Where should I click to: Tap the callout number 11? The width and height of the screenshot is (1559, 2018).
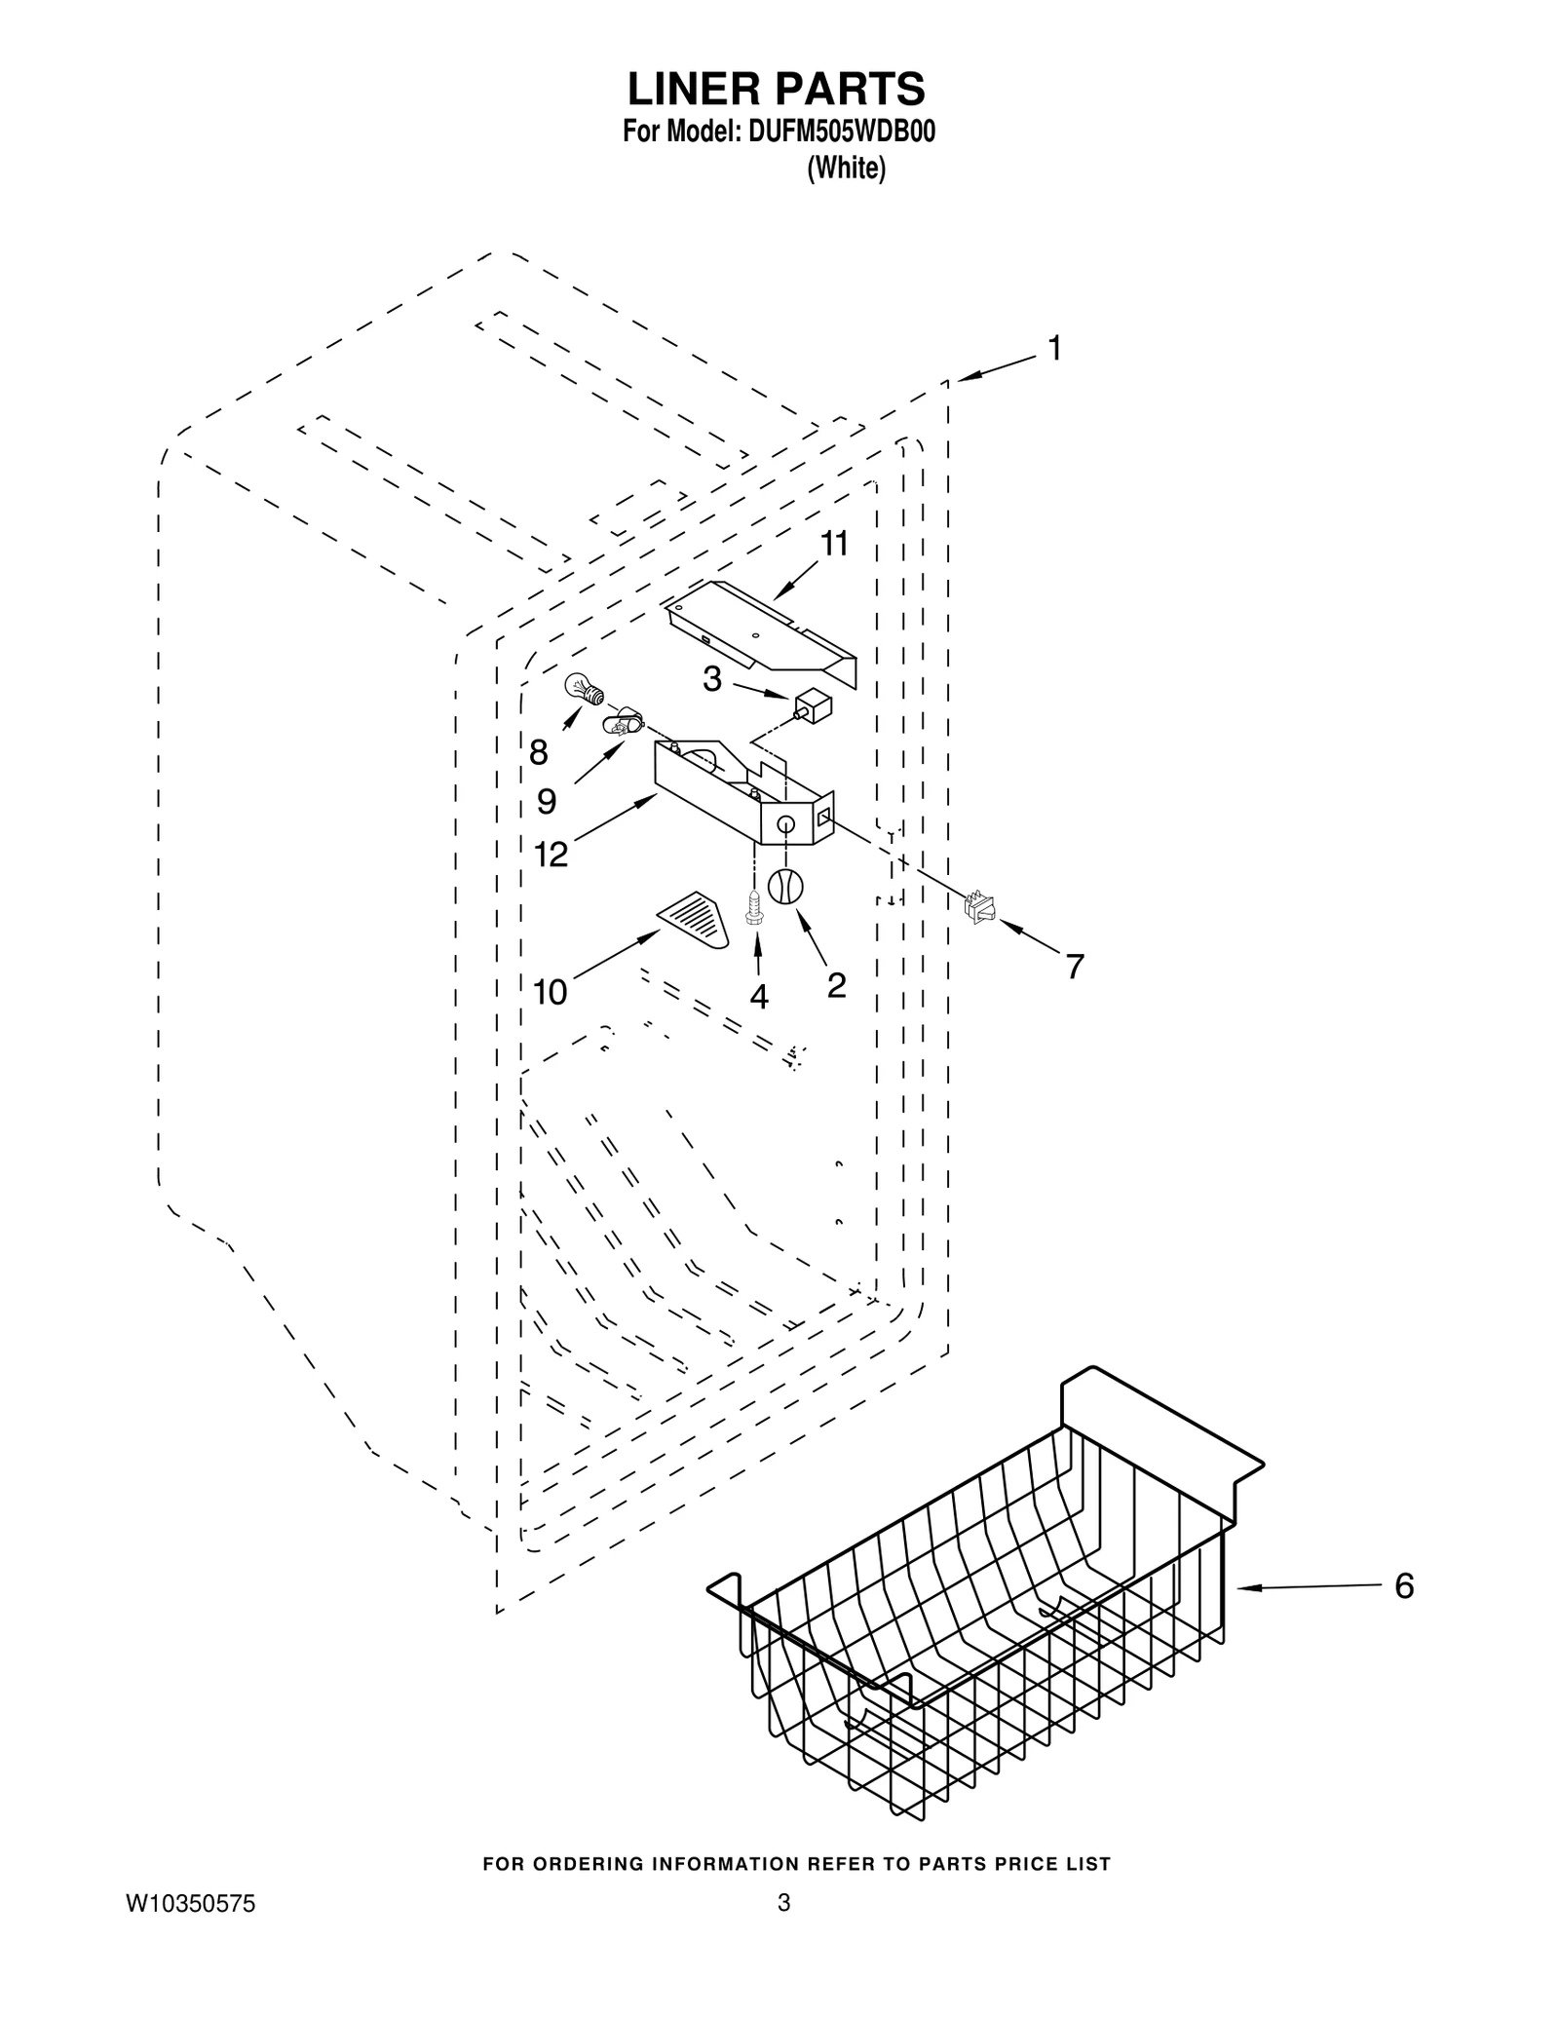click(833, 545)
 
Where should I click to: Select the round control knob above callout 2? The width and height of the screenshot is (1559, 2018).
click(785, 887)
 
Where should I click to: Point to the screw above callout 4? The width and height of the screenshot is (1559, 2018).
click(752, 907)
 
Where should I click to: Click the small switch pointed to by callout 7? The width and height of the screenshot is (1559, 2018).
click(979, 908)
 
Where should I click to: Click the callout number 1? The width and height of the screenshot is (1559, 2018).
click(1053, 349)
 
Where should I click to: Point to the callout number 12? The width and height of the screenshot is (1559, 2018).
click(551, 855)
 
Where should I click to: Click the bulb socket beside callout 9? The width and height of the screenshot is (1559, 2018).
click(618, 724)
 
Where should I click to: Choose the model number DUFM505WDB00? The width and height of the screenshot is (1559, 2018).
click(841, 133)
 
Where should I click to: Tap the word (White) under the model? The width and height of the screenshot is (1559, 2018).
click(846, 169)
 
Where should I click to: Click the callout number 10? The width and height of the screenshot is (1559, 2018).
click(551, 992)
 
